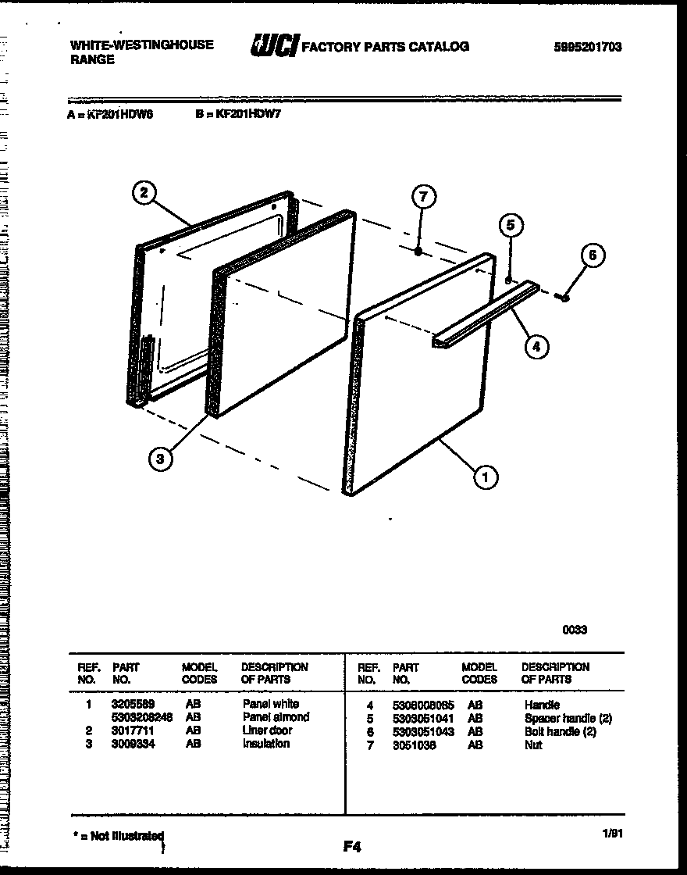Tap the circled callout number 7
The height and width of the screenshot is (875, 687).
[x=423, y=198]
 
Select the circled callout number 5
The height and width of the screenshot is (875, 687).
[x=511, y=226]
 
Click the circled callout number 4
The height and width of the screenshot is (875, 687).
[x=536, y=346]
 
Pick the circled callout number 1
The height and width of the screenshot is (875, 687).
[x=486, y=476]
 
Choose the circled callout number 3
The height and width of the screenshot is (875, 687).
[x=160, y=459]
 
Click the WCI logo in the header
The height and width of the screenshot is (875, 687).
[x=273, y=47]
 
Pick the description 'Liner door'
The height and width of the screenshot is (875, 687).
[x=267, y=730]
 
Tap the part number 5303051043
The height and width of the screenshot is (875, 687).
[x=422, y=732]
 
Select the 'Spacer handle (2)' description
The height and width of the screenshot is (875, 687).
[x=568, y=719]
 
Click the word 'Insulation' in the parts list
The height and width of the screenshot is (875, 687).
[x=265, y=744]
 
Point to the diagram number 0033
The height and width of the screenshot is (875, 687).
[x=575, y=630]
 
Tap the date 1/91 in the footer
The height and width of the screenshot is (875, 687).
[x=612, y=834]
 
